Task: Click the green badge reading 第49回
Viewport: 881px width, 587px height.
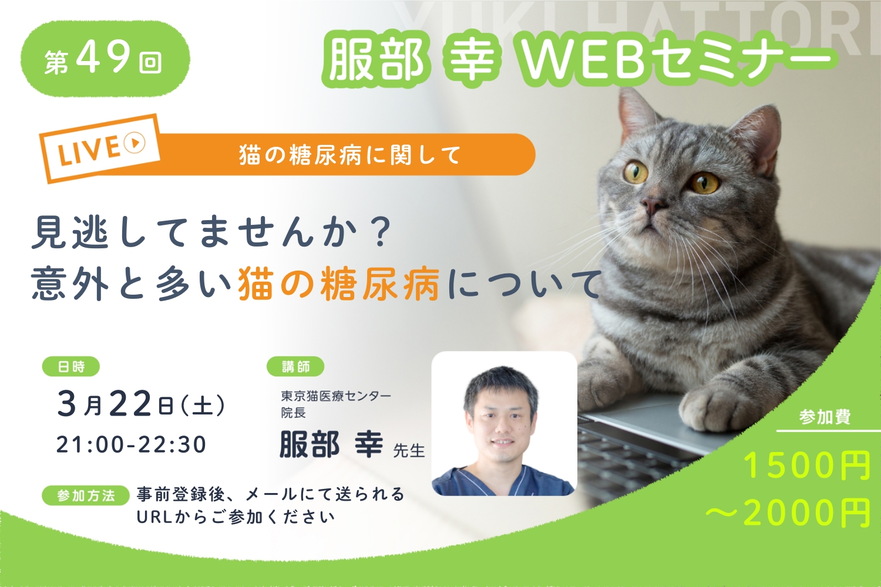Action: click(x=105, y=59)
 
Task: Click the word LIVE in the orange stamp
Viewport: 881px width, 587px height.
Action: click(x=89, y=152)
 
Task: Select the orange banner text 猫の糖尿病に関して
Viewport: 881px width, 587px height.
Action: click(x=349, y=155)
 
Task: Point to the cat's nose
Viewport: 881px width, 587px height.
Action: click(x=653, y=205)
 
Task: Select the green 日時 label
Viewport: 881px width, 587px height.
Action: click(x=71, y=366)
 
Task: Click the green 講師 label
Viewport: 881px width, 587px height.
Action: click(x=295, y=366)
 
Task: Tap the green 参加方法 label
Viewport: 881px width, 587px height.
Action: click(x=86, y=495)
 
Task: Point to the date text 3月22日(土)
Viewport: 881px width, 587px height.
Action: click(x=141, y=404)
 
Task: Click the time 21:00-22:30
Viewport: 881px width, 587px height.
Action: click(x=132, y=445)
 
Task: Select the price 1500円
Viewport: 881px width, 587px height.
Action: click(x=806, y=466)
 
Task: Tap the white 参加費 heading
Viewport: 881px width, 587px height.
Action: click(x=825, y=417)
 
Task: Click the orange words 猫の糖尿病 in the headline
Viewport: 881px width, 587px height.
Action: click(x=339, y=284)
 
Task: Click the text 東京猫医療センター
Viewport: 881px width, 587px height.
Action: click(x=336, y=396)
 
